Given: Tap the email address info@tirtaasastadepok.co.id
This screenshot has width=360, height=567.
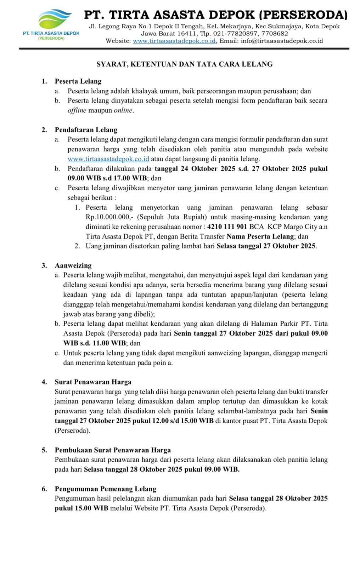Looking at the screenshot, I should [282, 41].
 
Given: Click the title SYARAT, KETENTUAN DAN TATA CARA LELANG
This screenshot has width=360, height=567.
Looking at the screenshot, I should [185, 64].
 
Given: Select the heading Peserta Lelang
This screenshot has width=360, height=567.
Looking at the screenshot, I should [78, 82].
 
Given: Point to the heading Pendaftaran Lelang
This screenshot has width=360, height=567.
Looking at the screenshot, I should [86, 130].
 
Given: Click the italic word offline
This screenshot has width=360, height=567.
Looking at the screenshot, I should [77, 111].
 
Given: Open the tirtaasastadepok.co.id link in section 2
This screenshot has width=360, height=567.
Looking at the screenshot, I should [108, 159].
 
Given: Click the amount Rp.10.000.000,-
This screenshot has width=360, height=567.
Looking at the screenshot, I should [110, 217].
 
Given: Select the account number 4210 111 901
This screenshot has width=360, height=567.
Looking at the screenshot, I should [227, 227].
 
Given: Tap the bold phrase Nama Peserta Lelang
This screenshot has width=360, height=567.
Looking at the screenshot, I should [260, 236].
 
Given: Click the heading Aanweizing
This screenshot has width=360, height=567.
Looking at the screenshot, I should [73, 265].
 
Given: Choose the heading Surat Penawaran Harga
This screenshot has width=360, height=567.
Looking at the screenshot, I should [93, 382].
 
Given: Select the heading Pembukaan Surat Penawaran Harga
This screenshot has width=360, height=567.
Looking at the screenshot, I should [113, 450].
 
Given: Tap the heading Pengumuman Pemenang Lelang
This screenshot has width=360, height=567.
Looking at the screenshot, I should [105, 489].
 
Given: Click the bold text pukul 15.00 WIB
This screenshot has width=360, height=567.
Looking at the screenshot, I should [81, 508].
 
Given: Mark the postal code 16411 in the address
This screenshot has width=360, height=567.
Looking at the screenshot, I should [187, 34].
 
